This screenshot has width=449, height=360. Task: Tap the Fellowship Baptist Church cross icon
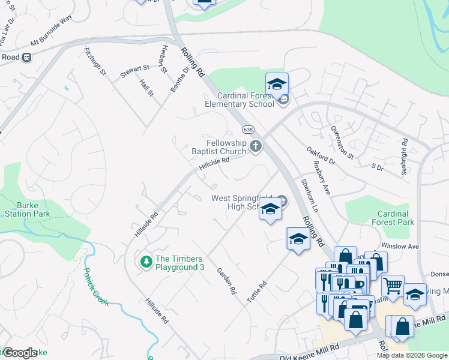tap(256, 145)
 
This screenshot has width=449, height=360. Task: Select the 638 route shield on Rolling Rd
tap(247, 130)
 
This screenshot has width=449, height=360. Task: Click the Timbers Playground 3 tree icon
tap(145, 262)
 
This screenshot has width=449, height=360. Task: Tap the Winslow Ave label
tap(401, 246)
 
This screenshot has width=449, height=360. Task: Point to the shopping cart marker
tap(393, 287)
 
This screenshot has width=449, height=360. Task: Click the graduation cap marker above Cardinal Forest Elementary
tap(277, 84)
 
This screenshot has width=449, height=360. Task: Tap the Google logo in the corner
tap(19, 353)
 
